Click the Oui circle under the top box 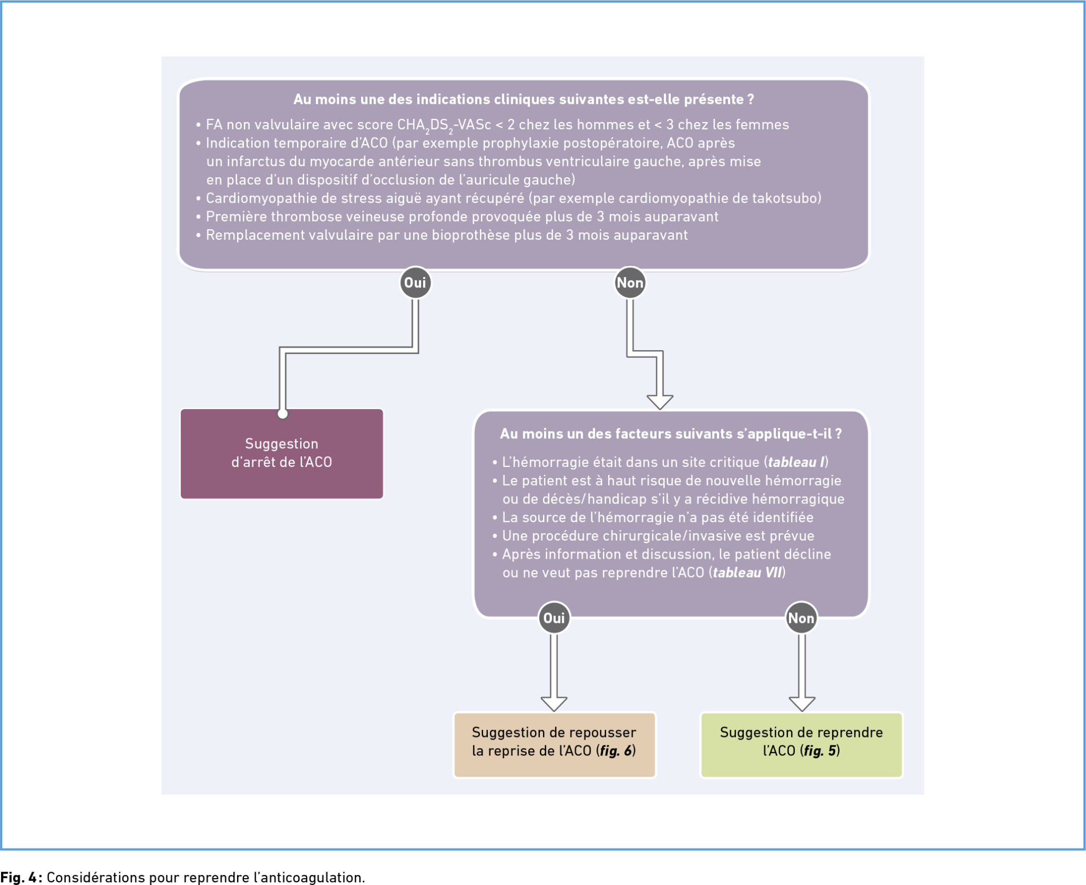point(415,283)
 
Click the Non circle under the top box point(630,283)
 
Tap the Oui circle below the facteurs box point(554,618)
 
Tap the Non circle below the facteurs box point(801,618)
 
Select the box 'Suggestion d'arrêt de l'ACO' point(282,454)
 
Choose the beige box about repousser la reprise point(555,745)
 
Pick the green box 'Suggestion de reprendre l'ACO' point(801,745)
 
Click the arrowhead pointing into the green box point(802,704)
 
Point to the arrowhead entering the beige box point(554,704)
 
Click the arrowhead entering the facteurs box point(660,402)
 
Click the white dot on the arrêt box point(283,414)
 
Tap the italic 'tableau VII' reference point(747,572)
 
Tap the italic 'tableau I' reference point(796,462)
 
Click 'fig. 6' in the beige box point(616,751)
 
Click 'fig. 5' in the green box point(820,751)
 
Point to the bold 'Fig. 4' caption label point(19,877)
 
